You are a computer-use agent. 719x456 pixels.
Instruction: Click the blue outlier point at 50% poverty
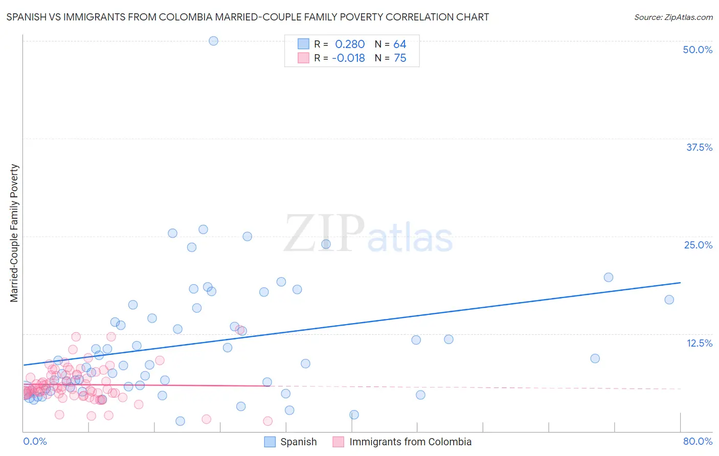214,41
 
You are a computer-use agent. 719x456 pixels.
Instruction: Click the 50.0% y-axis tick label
698,50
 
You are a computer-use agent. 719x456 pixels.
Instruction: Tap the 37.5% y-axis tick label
699,147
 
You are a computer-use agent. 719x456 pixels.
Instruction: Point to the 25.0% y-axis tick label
698,245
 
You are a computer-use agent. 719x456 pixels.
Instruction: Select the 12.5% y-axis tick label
699,343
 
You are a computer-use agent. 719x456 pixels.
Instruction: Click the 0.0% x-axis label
35,441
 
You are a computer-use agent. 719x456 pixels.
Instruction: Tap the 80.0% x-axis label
698,441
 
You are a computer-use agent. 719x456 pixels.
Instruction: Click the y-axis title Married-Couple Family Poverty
14,233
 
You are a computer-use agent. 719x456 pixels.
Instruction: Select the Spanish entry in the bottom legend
298,442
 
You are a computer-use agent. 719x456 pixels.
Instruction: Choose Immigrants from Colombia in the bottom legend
410,442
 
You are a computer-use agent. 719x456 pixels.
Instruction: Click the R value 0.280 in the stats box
350,44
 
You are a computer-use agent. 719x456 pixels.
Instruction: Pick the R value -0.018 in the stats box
348,58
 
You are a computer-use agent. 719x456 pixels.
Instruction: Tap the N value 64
400,44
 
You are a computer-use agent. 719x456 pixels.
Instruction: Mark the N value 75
400,58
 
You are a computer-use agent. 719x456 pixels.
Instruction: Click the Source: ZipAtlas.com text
673,17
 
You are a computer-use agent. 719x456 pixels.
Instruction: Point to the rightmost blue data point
669,300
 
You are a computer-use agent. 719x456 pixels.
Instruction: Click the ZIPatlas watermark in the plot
368,234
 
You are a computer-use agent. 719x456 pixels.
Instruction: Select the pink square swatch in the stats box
304,58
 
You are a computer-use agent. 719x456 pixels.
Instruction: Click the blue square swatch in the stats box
304,44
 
